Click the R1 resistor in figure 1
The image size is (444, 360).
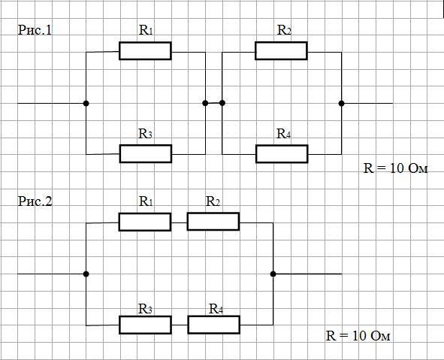tap(145, 51)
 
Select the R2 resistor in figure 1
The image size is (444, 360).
tap(281, 51)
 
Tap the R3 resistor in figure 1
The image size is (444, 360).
tap(146, 154)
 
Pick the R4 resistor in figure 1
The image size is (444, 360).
tap(282, 154)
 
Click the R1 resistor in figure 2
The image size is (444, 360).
tap(145, 222)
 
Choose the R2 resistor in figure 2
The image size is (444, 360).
tap(213, 222)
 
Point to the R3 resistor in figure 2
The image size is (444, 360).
tap(145, 325)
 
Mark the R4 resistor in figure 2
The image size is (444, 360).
tap(214, 325)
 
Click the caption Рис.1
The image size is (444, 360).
tap(35, 30)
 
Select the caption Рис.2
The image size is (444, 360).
tap(35, 201)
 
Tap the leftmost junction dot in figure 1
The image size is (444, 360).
tap(86, 104)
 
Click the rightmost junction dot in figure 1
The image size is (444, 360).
tap(342, 104)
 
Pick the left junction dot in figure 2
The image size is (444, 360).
tap(86, 274)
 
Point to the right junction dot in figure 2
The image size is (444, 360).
tap(273, 274)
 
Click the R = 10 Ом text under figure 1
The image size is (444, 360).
tap(396, 168)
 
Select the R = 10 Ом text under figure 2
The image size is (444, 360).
tap(358, 336)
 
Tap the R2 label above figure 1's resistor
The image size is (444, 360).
tap(284, 30)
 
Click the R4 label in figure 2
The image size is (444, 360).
tap(216, 309)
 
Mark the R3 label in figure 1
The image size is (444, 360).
tap(145, 134)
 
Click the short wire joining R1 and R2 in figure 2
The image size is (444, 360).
tap(179, 222)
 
